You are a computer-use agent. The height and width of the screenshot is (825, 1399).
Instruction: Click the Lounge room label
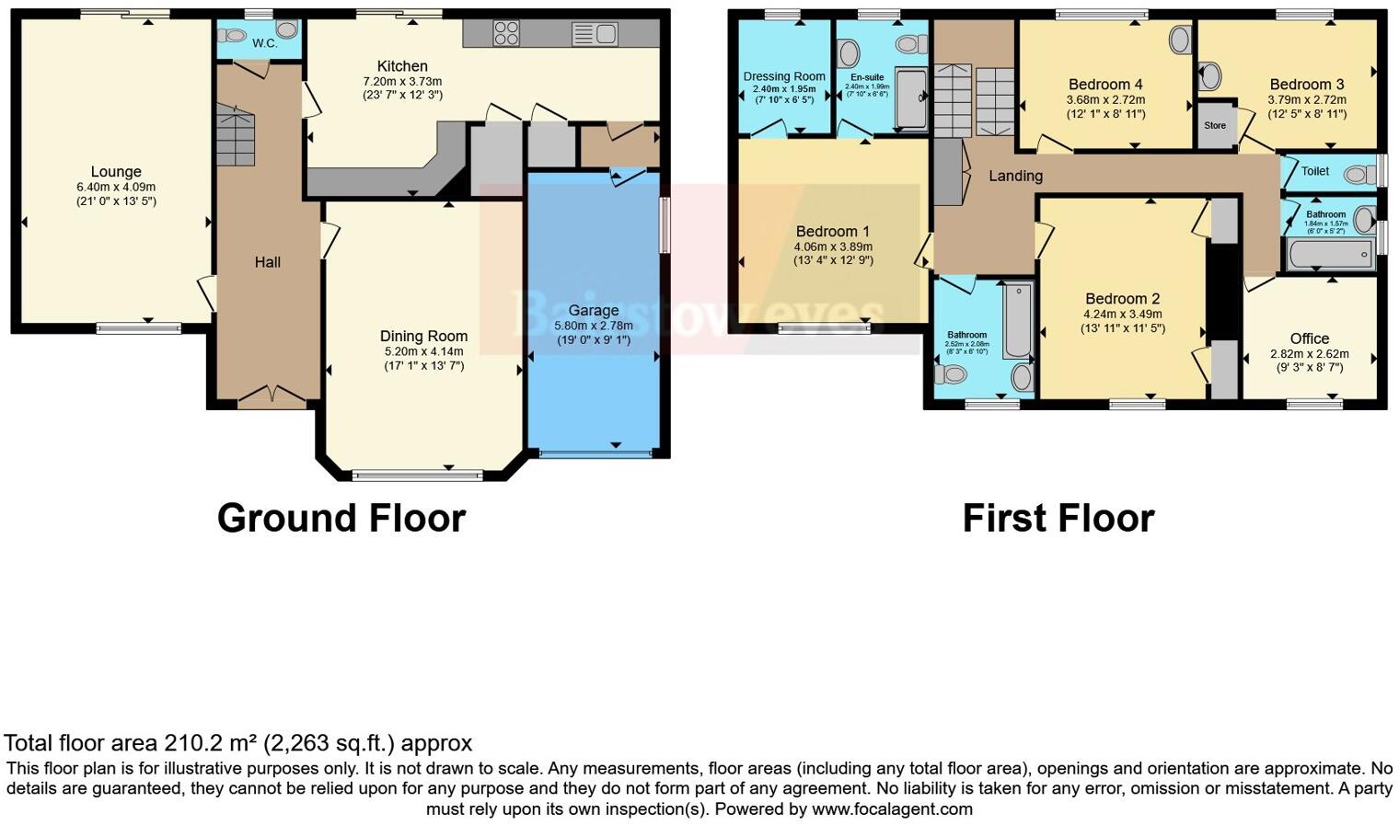[116, 171]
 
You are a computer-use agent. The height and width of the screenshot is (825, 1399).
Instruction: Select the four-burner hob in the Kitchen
[506, 33]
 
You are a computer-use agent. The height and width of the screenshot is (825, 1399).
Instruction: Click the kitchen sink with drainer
[595, 34]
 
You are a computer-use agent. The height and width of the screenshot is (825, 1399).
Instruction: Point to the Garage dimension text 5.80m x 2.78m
[593, 326]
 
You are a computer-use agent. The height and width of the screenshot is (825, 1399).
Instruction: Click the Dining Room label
[423, 336]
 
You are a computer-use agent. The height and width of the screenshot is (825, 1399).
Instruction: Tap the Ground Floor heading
[341, 518]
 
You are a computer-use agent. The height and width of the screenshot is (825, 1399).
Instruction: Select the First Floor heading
[1058, 518]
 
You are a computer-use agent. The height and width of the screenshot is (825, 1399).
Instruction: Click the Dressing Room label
[784, 76]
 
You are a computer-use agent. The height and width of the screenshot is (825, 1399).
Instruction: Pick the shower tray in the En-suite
[911, 98]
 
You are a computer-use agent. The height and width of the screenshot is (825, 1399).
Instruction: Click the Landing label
[1015, 176]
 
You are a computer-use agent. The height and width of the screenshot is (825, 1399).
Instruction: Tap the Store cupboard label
[1215, 125]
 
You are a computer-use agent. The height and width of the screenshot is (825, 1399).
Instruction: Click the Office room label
[1309, 338]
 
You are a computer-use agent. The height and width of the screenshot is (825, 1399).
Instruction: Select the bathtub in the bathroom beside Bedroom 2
[1017, 321]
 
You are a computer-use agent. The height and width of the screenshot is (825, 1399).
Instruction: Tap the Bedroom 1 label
[832, 232]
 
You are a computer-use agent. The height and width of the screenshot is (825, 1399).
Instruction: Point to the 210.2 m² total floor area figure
[211, 742]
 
